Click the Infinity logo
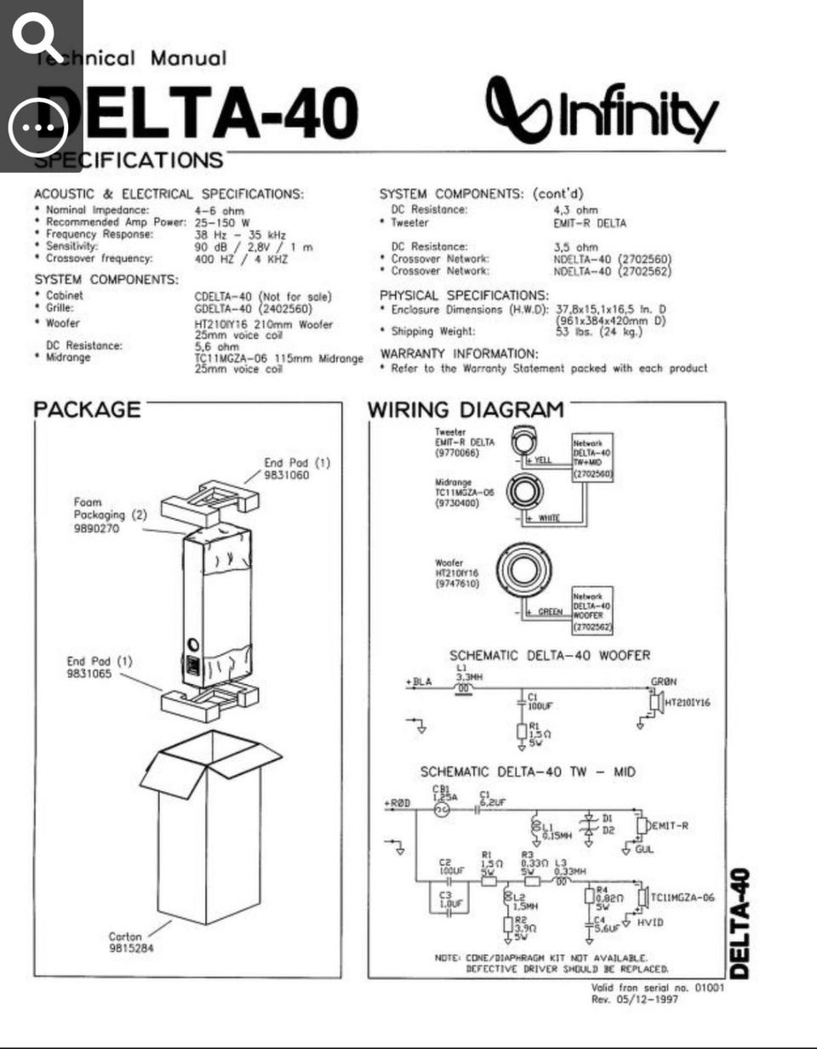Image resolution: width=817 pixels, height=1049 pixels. coord(602,111)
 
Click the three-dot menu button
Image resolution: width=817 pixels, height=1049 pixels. coord(38,128)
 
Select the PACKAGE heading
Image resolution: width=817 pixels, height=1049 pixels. coord(87,409)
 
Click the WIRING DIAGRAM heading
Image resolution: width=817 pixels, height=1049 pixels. coord(466,409)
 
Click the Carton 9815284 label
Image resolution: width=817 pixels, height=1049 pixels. coord(130,942)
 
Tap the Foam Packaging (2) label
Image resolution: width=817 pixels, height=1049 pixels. coord(109,515)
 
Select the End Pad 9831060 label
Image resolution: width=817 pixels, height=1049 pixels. coord(295,469)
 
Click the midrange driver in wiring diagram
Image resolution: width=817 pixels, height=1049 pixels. coord(525,491)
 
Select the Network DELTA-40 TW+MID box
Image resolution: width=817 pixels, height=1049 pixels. coord(592,458)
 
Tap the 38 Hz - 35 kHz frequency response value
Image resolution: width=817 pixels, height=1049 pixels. coord(240,235)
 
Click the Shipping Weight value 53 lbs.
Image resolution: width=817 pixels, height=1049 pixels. coord(598,332)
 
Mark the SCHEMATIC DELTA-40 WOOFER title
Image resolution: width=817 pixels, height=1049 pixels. coord(549,656)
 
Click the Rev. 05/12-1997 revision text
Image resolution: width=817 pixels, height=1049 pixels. coord(635,999)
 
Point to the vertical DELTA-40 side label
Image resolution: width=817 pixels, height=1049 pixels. coord(740,923)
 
